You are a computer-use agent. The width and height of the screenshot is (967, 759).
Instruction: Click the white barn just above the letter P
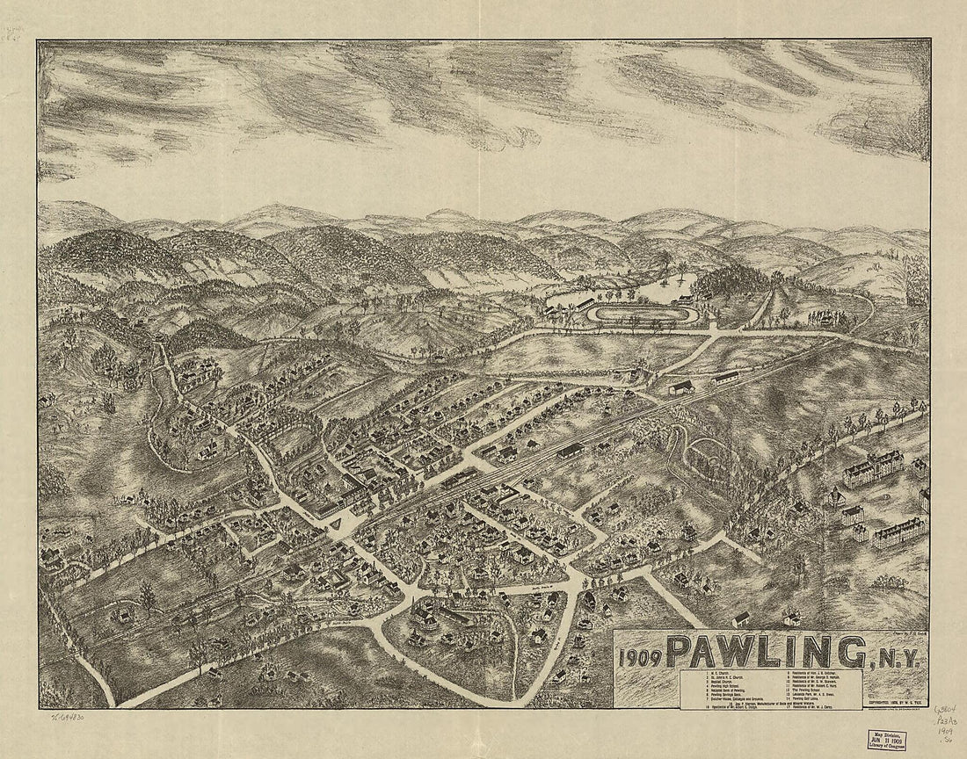pos(741,618)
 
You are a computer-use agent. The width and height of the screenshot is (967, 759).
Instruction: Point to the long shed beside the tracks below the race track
pos(725,377)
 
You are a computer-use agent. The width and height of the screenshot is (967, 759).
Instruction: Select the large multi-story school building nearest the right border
pos(898,533)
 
